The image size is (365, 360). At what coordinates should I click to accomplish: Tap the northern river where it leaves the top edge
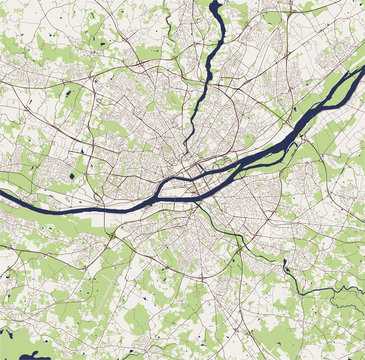pos(214,4)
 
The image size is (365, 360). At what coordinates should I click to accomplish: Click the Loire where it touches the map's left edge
pos(3,190)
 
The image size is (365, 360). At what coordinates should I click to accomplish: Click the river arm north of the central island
pos(175,182)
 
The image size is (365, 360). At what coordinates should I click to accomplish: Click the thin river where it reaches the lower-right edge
pos(361,291)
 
